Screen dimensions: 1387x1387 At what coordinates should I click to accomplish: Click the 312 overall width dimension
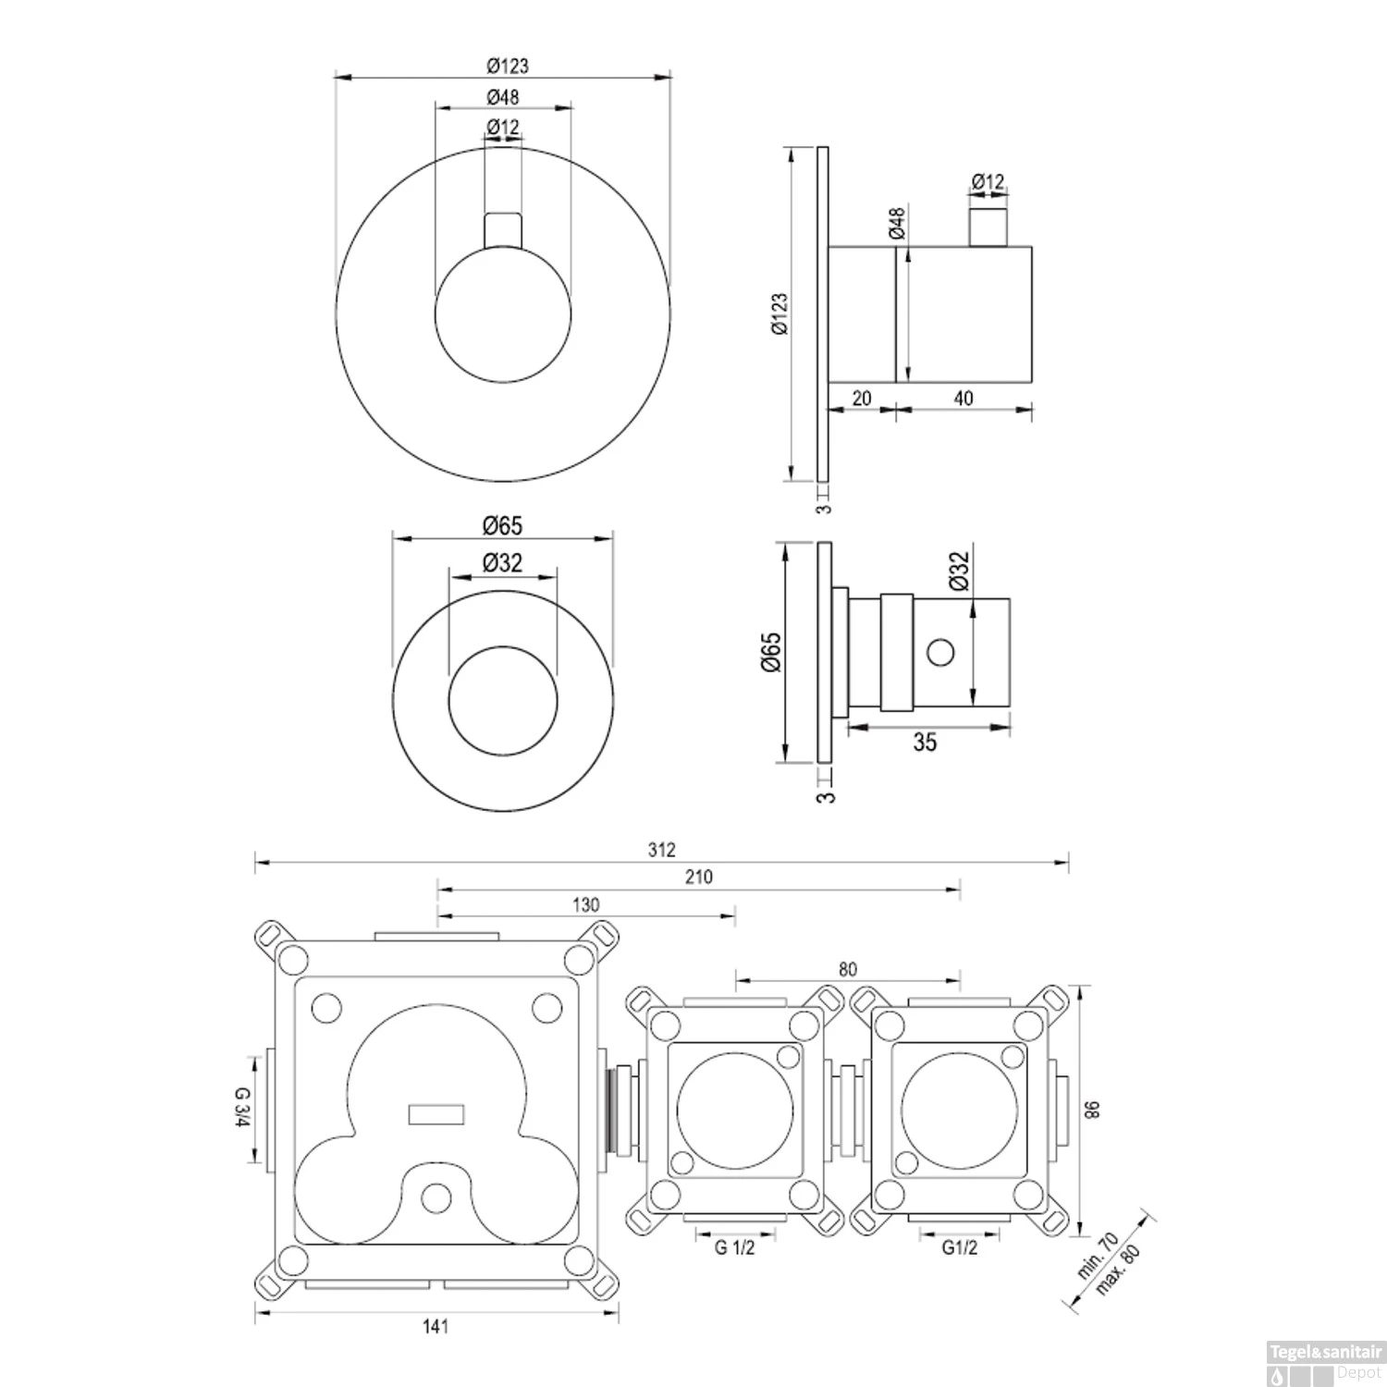point(662,851)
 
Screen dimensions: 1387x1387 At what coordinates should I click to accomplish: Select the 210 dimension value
point(699,877)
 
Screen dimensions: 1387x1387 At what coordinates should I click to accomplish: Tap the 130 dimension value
point(586,905)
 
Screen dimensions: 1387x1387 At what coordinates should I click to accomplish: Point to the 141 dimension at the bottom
point(436,1327)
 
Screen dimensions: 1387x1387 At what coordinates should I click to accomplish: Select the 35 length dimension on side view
point(925,742)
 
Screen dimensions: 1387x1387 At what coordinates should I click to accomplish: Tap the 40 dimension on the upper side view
point(963,399)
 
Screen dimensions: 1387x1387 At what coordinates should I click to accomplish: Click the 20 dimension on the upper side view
point(862,399)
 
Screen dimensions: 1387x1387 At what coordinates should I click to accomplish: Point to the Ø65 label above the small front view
point(502,525)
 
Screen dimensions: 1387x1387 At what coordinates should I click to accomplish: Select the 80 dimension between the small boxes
point(848,969)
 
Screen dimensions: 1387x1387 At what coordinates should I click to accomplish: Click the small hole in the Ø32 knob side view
point(940,653)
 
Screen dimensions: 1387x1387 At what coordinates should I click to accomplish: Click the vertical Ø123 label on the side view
point(779,314)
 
